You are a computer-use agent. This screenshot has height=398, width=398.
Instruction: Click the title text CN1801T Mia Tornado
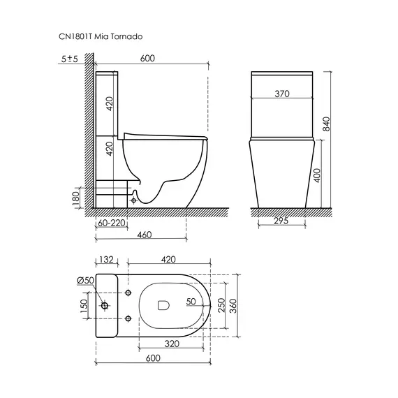(x=101, y=36)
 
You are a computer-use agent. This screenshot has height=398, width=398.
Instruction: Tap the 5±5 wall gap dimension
(x=70, y=59)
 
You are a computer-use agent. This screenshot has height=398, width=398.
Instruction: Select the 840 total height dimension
(x=327, y=124)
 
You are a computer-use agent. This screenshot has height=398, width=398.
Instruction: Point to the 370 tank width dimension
(x=282, y=94)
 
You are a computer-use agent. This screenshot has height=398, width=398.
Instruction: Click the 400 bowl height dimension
(x=317, y=175)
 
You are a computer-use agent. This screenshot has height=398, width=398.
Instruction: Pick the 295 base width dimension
(x=281, y=221)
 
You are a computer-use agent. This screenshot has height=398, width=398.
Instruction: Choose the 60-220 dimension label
(x=112, y=223)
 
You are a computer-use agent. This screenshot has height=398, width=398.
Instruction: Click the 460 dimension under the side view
(x=144, y=235)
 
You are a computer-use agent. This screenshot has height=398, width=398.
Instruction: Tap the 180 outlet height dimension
(x=76, y=198)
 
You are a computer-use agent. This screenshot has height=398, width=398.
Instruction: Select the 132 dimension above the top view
(x=106, y=260)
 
